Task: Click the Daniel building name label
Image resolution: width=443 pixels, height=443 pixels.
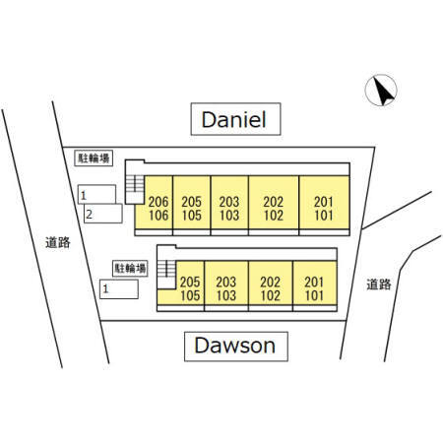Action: click(x=235, y=119)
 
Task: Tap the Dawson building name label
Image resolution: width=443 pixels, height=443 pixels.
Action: click(x=236, y=347)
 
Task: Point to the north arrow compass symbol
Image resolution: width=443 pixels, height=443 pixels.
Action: click(x=381, y=91)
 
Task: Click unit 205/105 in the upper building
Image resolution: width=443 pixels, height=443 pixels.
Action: click(x=192, y=203)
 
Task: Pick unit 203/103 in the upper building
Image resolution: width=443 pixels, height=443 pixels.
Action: click(x=229, y=203)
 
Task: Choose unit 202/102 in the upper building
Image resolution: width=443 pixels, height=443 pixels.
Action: click(x=274, y=203)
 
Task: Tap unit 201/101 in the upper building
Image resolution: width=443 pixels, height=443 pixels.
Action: click(x=324, y=203)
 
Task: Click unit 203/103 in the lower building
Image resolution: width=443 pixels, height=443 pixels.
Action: click(x=226, y=284)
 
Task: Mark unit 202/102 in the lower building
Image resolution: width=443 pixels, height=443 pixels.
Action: click(x=271, y=284)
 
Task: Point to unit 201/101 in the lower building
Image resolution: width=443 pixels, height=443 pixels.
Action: click(x=315, y=284)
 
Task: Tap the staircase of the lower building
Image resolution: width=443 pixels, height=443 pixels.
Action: click(x=166, y=269)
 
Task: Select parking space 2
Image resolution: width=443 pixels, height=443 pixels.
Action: click(x=103, y=214)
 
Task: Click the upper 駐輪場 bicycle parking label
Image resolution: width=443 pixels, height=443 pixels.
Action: click(x=94, y=158)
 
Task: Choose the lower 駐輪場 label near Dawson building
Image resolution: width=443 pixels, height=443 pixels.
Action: click(x=130, y=269)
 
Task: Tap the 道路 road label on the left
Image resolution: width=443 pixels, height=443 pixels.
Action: click(x=58, y=242)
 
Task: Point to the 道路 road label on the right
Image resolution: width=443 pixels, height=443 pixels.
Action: click(x=379, y=285)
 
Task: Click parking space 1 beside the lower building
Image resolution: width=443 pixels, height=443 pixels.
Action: click(x=119, y=289)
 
